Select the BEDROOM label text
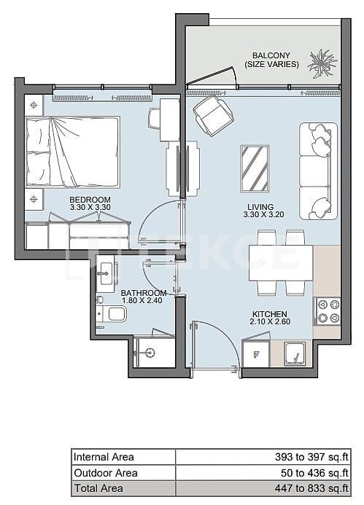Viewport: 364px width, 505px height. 90,199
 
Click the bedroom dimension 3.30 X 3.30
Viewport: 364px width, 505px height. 90,208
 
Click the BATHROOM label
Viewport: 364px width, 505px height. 144,293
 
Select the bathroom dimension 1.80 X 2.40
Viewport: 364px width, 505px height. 144,301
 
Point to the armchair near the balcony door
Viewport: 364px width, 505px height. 212,114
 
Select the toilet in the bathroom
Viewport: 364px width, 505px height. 112,314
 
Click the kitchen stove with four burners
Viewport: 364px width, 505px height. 327,312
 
